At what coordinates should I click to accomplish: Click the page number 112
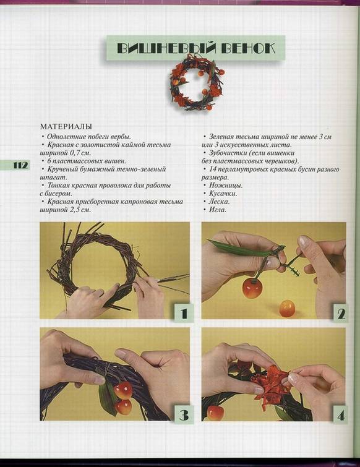(20, 165)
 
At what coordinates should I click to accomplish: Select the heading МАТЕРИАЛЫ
(66, 127)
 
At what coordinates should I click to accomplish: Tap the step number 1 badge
(184, 313)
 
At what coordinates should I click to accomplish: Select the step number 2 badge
(341, 313)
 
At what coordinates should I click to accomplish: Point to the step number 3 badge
(184, 414)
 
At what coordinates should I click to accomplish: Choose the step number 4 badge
(341, 415)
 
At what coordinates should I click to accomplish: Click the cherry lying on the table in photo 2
(288, 309)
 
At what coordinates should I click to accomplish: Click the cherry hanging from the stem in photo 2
(252, 288)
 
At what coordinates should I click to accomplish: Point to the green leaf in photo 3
(108, 399)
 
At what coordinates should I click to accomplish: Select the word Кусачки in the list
(223, 193)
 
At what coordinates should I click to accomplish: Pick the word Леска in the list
(219, 201)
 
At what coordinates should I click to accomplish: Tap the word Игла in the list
(217, 210)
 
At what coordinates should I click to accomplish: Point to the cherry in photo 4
(214, 413)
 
